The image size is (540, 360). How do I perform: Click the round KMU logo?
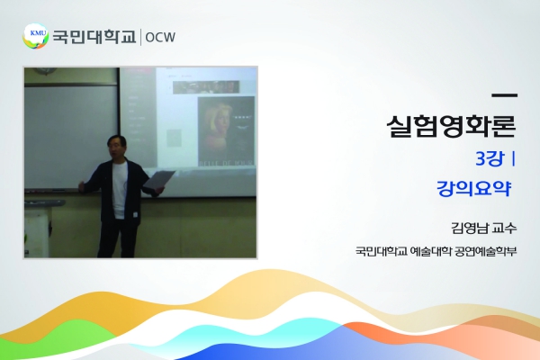[x=35, y=36]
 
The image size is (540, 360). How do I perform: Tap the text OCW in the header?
[x=160, y=37]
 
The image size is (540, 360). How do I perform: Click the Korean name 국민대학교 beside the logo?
[x=94, y=37]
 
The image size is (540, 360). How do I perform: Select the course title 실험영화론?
[x=451, y=126]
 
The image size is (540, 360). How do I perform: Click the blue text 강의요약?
[x=474, y=188]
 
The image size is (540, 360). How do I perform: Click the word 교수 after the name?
[x=505, y=228]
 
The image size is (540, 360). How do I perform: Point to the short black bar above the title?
[x=505, y=95]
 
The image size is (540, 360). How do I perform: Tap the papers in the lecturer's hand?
[x=159, y=180]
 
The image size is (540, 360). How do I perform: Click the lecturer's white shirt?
[x=120, y=190]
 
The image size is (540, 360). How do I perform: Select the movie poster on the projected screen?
[x=226, y=131]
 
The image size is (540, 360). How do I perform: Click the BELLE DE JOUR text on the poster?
[x=226, y=162]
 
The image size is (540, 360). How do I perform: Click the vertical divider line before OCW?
[x=140, y=37]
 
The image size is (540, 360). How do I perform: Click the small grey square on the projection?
[x=174, y=138]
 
